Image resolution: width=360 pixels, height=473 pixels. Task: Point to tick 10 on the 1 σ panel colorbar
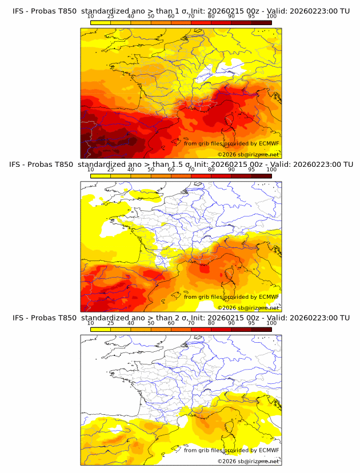[x=91, y=17]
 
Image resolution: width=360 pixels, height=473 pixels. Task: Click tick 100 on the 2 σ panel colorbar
[x=271, y=323]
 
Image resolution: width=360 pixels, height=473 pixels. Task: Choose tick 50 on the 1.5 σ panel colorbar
[x=151, y=170]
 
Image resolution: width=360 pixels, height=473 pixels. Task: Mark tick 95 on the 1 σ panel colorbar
[x=251, y=17]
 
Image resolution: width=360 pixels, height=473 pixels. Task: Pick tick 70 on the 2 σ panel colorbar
[x=191, y=323]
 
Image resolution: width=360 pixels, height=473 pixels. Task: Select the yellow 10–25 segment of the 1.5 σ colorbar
[x=101, y=175]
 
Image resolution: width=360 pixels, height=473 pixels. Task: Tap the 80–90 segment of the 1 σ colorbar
[x=221, y=22]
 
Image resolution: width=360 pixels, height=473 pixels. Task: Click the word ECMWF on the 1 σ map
[x=269, y=143]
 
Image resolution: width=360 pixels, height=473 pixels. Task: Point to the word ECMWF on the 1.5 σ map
[x=269, y=296]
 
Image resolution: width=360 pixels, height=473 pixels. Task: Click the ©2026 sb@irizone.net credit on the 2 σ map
[x=248, y=461]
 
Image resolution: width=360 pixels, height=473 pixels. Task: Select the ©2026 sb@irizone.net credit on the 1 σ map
[x=248, y=155]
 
